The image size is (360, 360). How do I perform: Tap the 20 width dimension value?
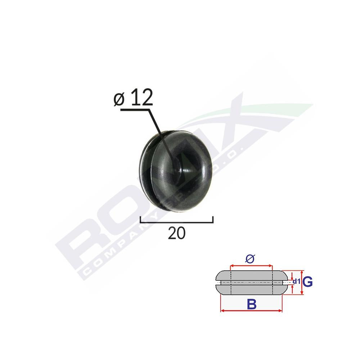(x=176, y=233)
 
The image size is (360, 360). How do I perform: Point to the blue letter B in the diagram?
(x=252, y=304)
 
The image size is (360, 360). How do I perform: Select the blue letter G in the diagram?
(x=307, y=282)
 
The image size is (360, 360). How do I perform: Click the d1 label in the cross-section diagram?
(x=296, y=282)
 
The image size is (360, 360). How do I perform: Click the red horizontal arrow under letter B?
(x=251, y=311)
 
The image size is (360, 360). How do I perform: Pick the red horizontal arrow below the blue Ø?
(x=251, y=266)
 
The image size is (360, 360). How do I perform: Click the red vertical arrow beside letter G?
(x=302, y=283)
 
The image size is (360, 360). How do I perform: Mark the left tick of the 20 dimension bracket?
(x=140, y=219)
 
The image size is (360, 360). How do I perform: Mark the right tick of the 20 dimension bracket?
(x=213, y=219)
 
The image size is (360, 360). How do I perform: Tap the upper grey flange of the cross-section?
(x=251, y=275)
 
